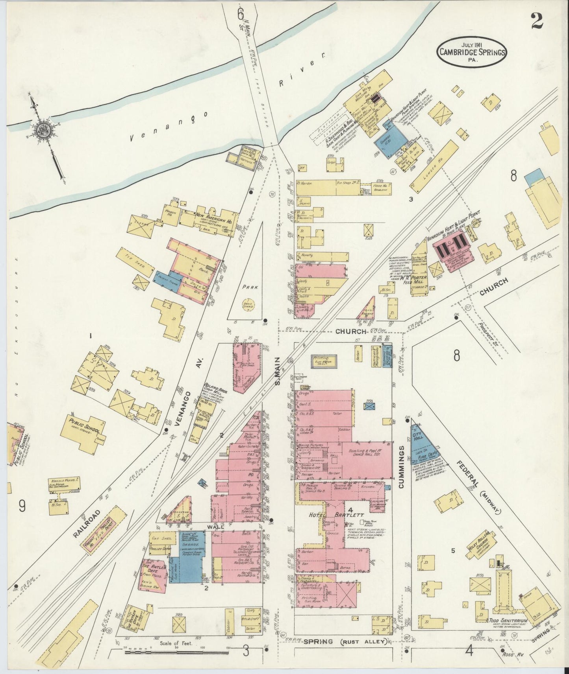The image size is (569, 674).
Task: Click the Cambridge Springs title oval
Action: coord(471,52)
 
